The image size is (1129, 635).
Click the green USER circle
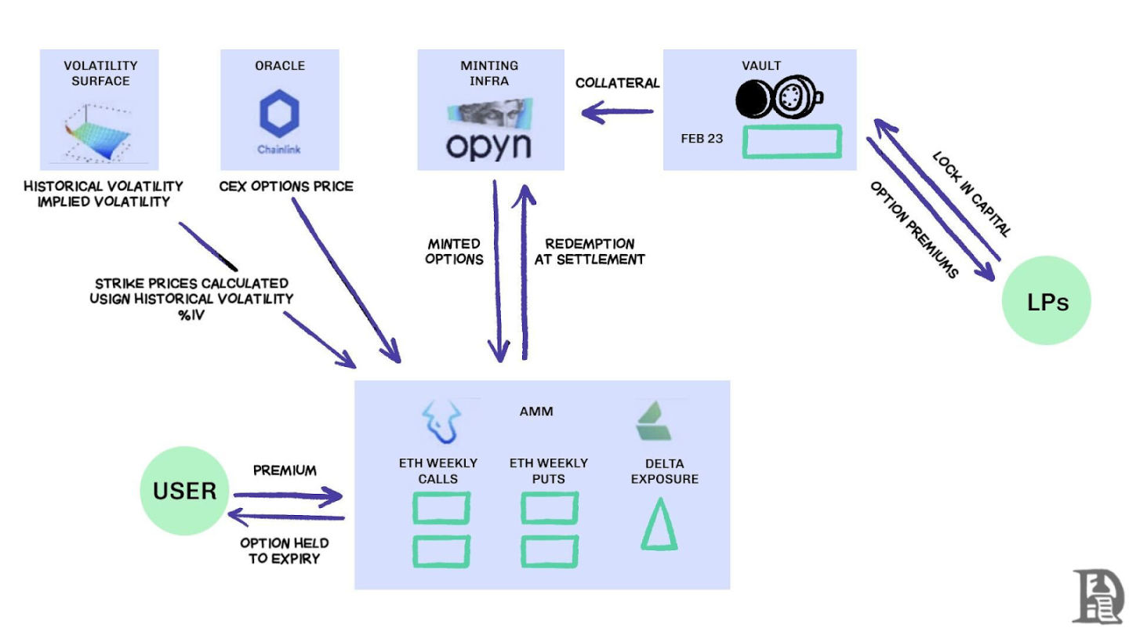click(x=185, y=491)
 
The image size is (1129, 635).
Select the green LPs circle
click(x=1047, y=301)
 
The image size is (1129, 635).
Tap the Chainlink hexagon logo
click(x=279, y=114)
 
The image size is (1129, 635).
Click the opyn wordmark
click(x=488, y=145)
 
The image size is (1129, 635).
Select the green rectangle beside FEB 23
click(x=792, y=141)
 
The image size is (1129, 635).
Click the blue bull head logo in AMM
click(x=441, y=421)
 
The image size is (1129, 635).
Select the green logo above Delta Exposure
click(x=657, y=421)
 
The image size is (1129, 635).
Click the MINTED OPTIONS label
click(x=454, y=251)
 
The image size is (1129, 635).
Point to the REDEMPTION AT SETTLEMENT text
click(x=590, y=251)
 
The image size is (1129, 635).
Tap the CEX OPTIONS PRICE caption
click(x=286, y=187)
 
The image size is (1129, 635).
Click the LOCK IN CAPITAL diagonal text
click(x=971, y=194)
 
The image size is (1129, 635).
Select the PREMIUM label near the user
click(x=285, y=470)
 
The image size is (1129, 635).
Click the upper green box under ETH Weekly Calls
click(x=441, y=508)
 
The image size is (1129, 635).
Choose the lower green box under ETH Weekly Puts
click(x=550, y=551)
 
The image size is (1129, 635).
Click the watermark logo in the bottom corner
click(x=1097, y=596)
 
